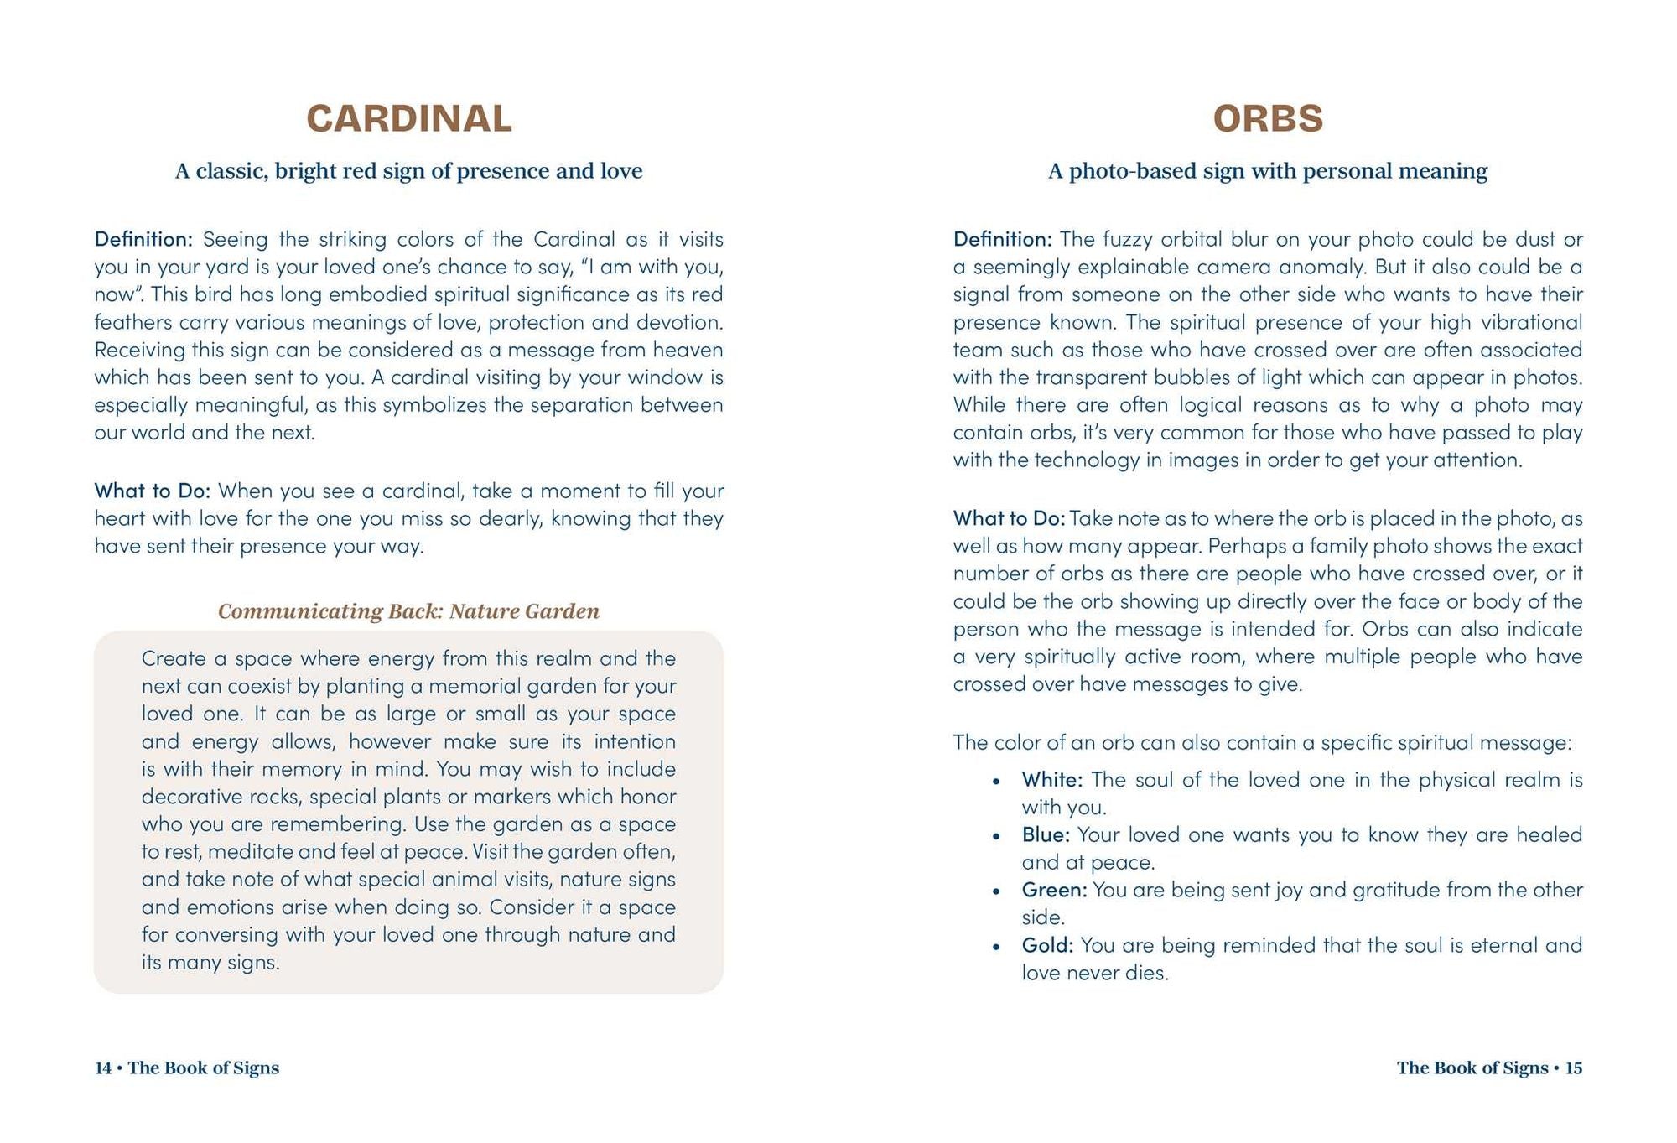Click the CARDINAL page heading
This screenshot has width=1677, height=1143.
point(408,118)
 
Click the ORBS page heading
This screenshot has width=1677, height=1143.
point(1268,118)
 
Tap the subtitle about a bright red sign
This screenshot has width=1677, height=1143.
point(408,171)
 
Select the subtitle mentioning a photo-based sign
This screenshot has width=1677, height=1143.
point(1268,171)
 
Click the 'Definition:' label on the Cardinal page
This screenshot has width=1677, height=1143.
point(143,239)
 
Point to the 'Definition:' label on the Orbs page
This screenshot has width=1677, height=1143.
point(1002,239)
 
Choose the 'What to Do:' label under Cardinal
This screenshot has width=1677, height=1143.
point(152,491)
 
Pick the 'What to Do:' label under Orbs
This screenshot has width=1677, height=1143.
point(1009,518)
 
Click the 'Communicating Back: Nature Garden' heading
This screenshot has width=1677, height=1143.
point(408,611)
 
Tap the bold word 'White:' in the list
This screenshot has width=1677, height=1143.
point(1051,780)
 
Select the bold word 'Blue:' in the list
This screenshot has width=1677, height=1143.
point(1046,835)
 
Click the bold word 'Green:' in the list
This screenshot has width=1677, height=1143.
point(1054,890)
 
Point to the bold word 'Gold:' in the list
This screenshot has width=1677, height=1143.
point(1047,945)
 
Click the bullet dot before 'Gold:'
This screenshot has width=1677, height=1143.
point(996,947)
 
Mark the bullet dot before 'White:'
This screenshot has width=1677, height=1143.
point(996,782)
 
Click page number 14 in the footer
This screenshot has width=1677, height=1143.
point(103,1068)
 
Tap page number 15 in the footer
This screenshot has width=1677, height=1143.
point(1574,1068)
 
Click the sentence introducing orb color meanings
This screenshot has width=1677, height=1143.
point(1262,742)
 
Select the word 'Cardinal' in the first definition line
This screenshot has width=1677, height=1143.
point(574,239)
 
